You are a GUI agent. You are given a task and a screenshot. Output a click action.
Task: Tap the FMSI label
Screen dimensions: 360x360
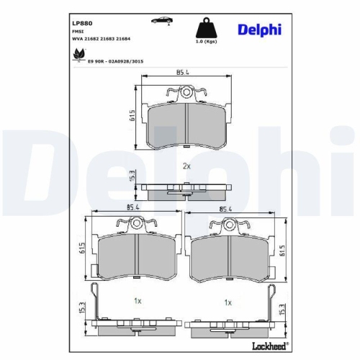point(78,32)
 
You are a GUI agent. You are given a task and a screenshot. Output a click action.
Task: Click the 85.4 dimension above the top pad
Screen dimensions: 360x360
point(183,73)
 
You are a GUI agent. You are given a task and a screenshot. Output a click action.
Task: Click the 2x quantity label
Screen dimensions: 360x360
point(186,166)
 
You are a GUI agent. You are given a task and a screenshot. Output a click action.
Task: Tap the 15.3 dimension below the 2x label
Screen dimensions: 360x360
point(132,178)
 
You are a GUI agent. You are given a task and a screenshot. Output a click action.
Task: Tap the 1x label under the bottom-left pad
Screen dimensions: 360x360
point(138,302)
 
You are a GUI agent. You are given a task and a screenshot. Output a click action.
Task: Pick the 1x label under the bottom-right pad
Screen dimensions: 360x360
point(228,302)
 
